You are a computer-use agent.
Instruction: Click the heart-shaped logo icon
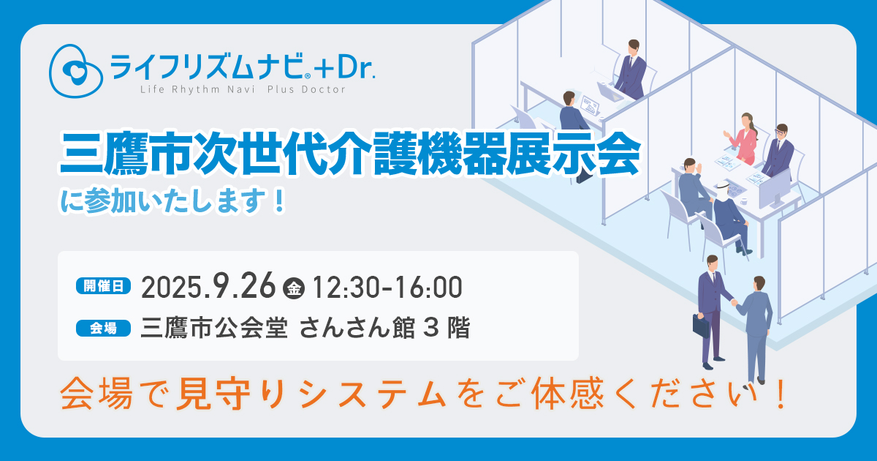click(75, 70)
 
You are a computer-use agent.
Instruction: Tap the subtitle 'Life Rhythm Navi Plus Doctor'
click(243, 90)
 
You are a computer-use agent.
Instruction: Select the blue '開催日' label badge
click(103, 286)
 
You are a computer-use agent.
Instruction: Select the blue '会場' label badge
click(103, 329)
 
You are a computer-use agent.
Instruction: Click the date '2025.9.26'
click(208, 287)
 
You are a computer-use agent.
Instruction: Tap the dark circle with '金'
click(294, 289)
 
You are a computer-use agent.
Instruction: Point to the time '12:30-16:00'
click(387, 288)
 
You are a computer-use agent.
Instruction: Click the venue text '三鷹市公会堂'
click(214, 328)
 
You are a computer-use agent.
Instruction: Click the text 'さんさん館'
click(357, 328)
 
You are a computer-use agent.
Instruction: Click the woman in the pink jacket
click(743, 138)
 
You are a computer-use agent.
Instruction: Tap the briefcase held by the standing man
click(701, 326)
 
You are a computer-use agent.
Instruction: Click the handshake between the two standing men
click(734, 302)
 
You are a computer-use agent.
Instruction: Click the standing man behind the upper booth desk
click(630, 70)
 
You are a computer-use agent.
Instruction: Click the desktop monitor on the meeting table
click(775, 190)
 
